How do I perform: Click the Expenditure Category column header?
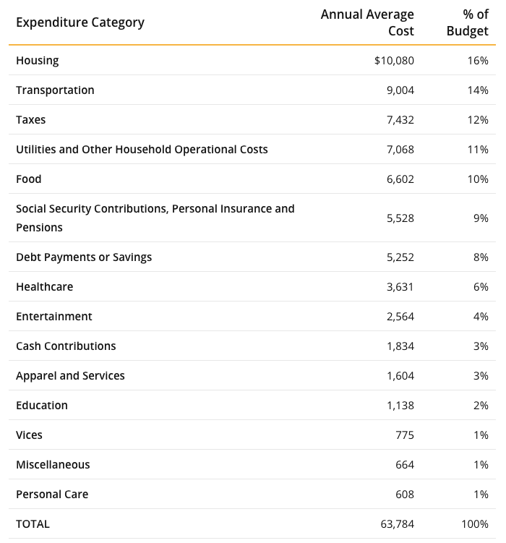point(80,22)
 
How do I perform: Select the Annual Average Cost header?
point(367,22)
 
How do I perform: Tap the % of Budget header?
point(468,22)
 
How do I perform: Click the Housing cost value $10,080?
point(394,61)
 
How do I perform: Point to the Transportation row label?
point(55,90)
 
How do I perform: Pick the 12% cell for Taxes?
point(478,120)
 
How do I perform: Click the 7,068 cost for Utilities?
point(400,150)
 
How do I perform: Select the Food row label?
point(29,179)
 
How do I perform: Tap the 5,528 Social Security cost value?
point(400,218)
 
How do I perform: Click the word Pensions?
point(39,228)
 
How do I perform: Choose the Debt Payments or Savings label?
point(84,257)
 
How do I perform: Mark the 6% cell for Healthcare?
point(481,287)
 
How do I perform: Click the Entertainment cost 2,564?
point(400,317)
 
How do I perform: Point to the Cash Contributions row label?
point(66,346)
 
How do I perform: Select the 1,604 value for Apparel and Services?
point(400,376)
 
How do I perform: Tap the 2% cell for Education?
point(481,406)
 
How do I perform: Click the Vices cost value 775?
point(405,435)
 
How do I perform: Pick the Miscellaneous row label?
point(53,465)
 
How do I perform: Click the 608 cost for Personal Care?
point(405,494)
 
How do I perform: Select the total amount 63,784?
point(397,524)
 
